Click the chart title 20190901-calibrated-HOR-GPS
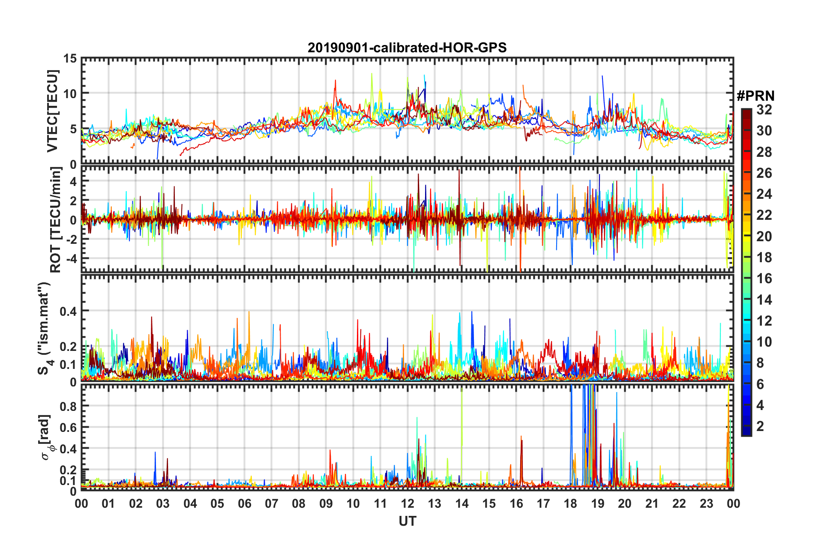click(407, 48)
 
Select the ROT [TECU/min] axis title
click(56, 220)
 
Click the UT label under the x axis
click(407, 521)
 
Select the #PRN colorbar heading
click(755, 96)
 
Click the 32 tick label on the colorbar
click(764, 110)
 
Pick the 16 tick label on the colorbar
click(764, 278)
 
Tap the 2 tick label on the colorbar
click(761, 426)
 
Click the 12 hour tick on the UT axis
click(407, 503)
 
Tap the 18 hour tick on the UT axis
click(570, 503)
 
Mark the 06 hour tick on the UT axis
click(244, 503)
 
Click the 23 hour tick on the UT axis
click(706, 503)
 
